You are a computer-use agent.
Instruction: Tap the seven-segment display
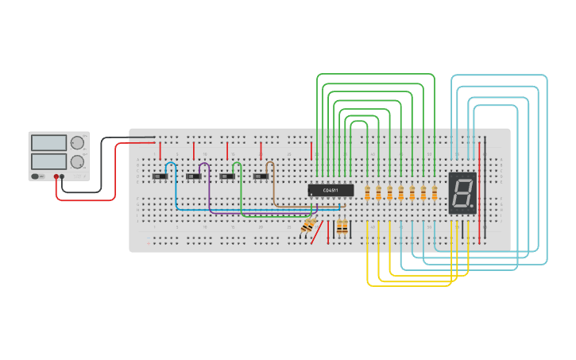click(x=462, y=192)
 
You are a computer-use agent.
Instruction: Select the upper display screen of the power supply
click(x=48, y=143)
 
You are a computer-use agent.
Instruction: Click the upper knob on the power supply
click(x=77, y=143)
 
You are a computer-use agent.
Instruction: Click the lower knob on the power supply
click(x=77, y=161)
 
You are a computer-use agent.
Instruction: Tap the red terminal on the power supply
click(x=56, y=176)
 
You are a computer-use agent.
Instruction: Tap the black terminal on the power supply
click(x=63, y=176)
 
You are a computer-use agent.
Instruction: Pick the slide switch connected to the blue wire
click(x=160, y=176)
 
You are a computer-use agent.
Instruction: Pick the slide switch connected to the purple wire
click(x=194, y=176)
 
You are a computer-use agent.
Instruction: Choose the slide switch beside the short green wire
click(x=228, y=176)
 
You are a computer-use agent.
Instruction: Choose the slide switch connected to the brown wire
click(x=261, y=176)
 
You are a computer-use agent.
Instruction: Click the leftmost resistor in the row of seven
click(x=367, y=193)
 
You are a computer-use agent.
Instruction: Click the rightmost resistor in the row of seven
click(x=435, y=193)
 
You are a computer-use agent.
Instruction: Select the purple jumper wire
click(x=209, y=195)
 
